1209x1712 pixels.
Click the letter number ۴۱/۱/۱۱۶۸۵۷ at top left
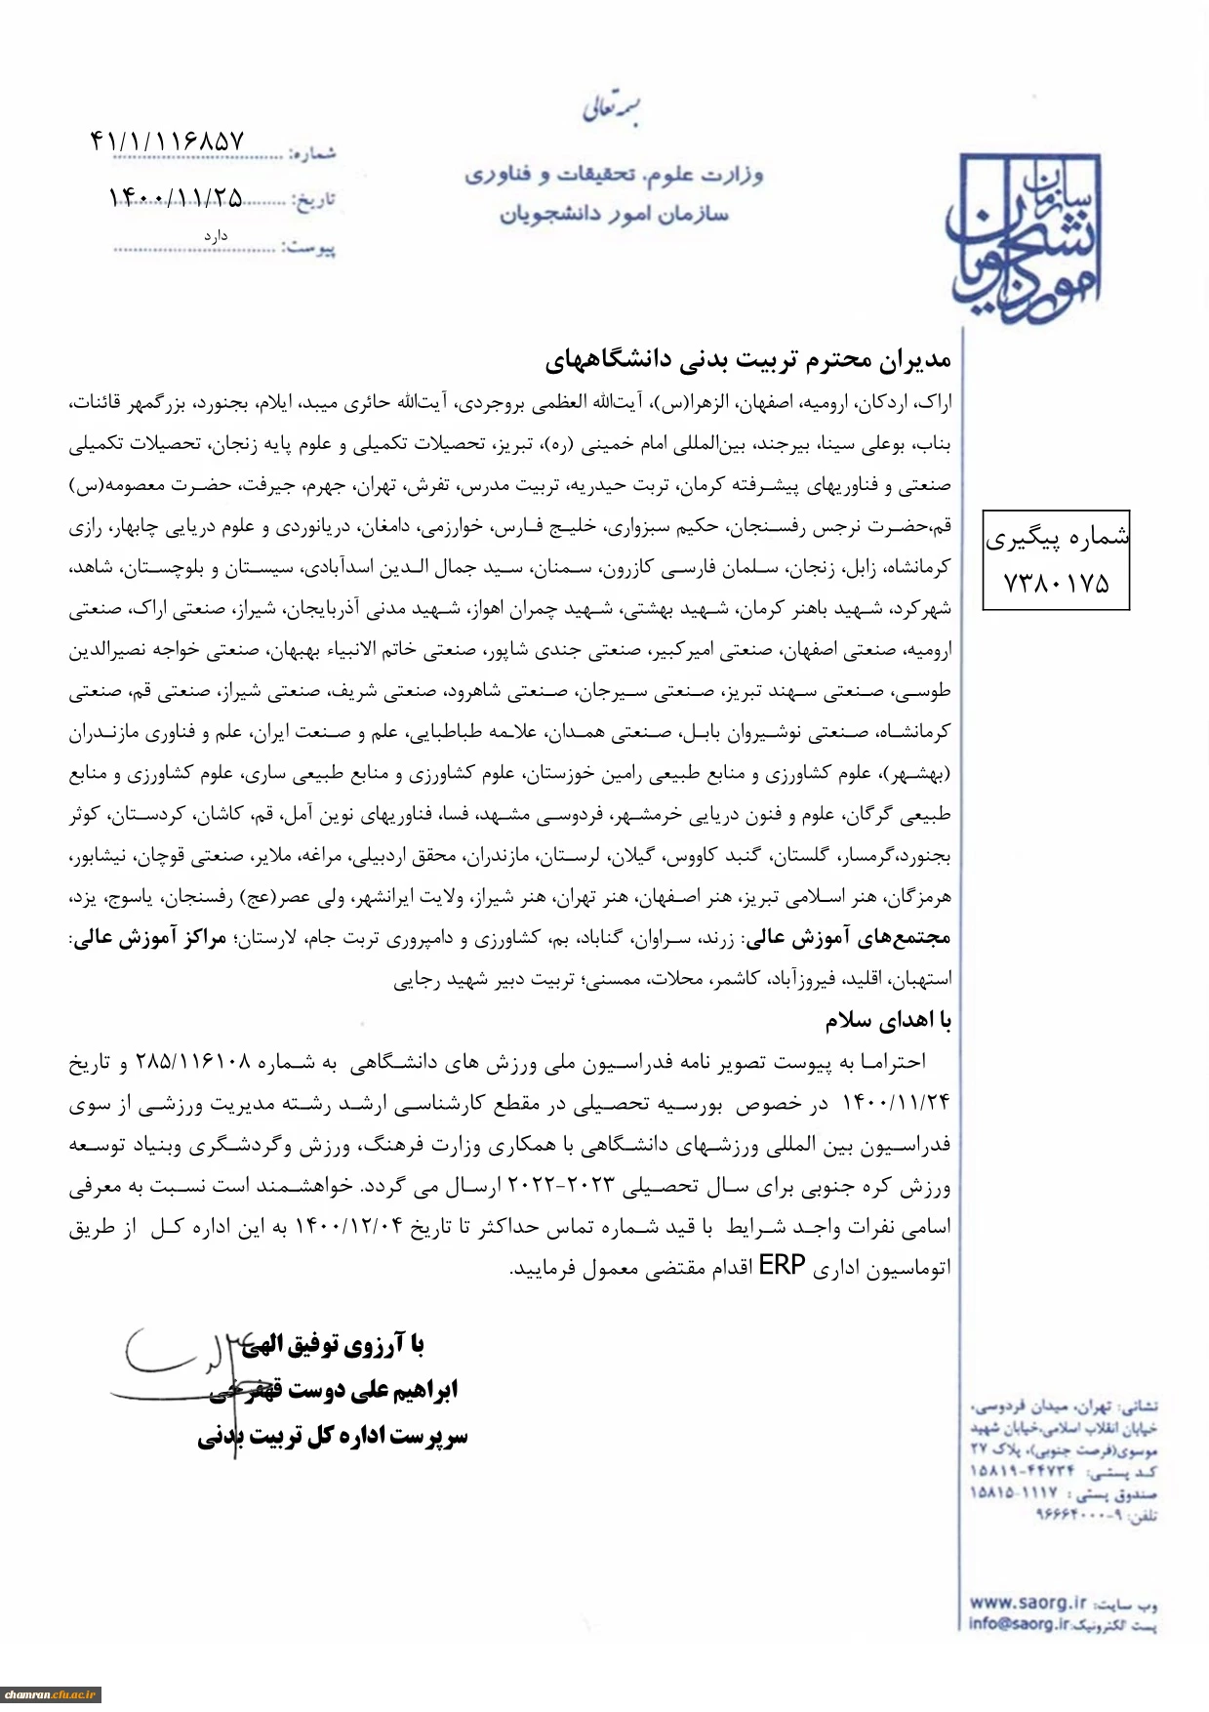point(167,143)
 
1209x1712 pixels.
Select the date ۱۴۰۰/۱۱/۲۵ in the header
point(176,198)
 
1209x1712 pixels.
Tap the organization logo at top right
point(1024,239)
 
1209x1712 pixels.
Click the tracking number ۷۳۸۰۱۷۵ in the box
point(1056,584)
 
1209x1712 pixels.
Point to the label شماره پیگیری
point(1057,537)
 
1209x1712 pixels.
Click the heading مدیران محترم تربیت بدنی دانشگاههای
point(747,360)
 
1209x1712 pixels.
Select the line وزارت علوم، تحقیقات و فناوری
point(614,175)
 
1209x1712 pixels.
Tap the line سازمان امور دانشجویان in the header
point(614,214)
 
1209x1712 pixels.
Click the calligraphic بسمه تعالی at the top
point(612,107)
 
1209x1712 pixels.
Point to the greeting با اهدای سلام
point(888,1021)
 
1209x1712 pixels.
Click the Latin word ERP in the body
point(782,1266)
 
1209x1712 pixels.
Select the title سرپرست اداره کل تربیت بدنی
point(333,1437)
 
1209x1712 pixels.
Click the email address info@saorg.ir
point(1019,1624)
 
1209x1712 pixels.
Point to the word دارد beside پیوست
point(216,236)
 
